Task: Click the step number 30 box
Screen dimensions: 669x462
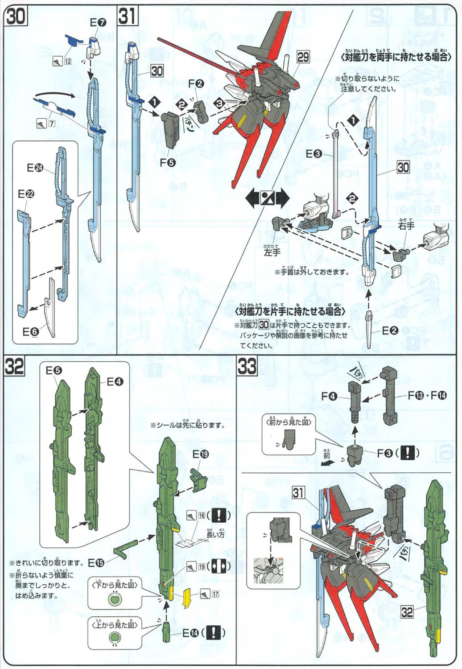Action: coord(15,17)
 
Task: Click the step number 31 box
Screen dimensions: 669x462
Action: coord(128,17)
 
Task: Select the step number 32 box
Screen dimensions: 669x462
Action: coord(14,367)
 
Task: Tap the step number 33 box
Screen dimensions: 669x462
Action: coord(247,367)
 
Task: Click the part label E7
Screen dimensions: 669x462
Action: coord(98,22)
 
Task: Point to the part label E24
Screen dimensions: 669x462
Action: coord(35,168)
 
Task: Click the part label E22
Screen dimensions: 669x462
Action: coord(26,194)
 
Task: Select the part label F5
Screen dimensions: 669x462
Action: coord(167,163)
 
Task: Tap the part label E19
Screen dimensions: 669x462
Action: coord(200,454)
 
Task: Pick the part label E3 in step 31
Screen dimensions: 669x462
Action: coord(313,154)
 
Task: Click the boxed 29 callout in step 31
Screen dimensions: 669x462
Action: coord(303,57)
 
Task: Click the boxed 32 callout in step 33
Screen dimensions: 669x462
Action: coord(407,612)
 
